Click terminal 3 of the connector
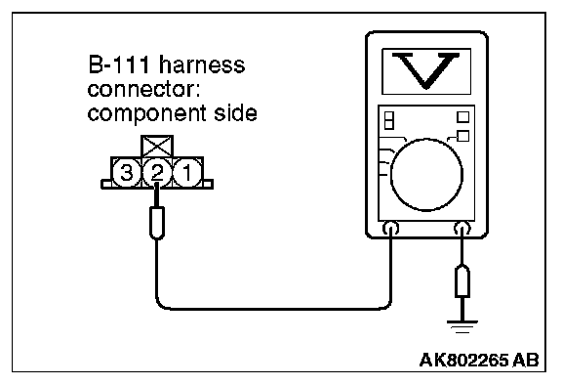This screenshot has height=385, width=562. (x=126, y=173)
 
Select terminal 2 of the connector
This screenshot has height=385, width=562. (x=157, y=173)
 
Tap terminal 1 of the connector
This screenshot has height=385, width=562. (x=187, y=173)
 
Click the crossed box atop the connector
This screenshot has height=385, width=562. (x=157, y=147)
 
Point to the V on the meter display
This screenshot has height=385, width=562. (x=425, y=70)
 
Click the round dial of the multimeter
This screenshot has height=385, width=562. (x=426, y=175)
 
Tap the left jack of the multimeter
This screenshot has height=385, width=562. (x=390, y=229)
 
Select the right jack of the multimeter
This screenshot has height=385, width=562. (x=462, y=229)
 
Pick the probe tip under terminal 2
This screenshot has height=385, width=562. (x=157, y=223)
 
